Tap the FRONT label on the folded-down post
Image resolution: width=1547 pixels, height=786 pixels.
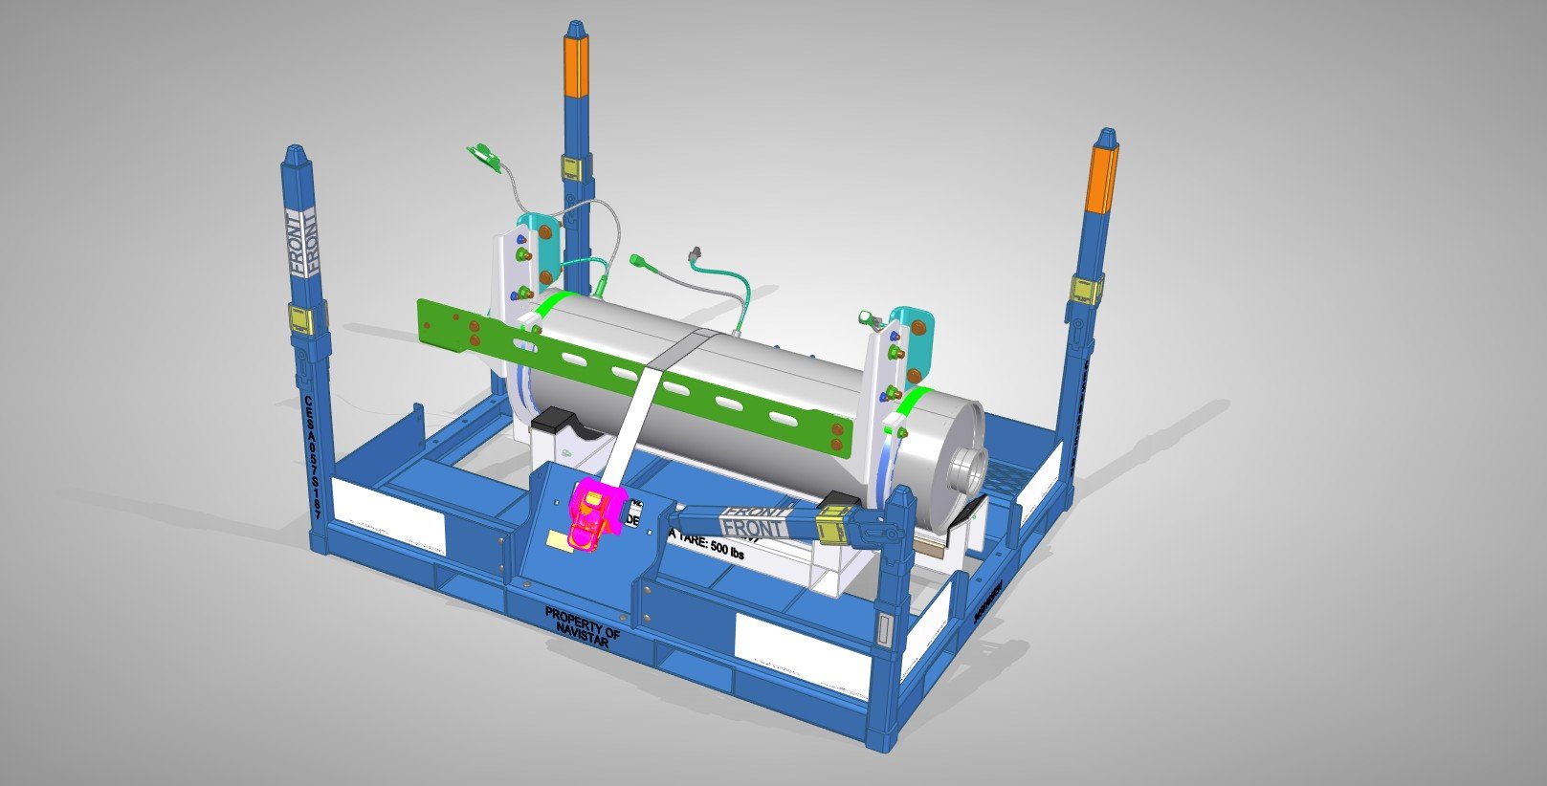pos(754,521)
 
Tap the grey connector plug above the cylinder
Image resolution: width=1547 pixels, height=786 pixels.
pos(696,254)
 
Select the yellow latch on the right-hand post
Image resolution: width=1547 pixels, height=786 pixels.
pos(1085,290)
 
